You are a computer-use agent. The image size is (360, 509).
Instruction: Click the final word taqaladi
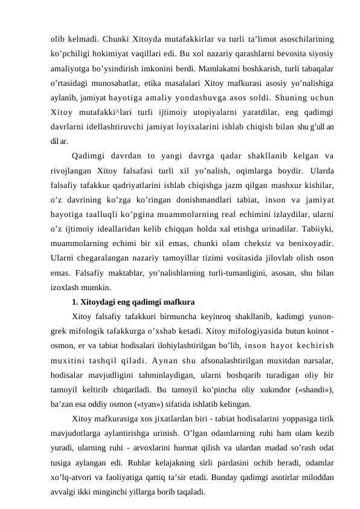tap(188, 488)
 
